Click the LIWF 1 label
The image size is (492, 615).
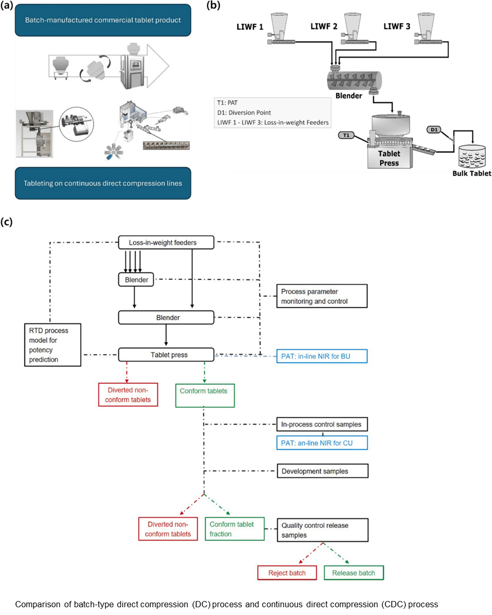(250, 27)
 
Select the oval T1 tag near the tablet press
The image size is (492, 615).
(346, 136)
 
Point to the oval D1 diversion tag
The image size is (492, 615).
(434, 129)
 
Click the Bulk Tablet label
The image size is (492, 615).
(472, 173)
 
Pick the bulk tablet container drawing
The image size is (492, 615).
(472, 156)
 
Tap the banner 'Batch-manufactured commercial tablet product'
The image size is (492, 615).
(103, 20)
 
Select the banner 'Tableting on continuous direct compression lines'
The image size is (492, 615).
(103, 183)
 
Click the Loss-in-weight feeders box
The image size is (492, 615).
(167, 243)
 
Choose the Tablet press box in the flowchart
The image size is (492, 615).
(167, 354)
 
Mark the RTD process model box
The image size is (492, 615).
(53, 345)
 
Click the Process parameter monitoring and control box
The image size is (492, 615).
(322, 296)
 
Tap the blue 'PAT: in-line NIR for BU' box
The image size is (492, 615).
(322, 356)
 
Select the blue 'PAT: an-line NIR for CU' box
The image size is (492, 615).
(322, 443)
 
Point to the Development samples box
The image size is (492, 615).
(322, 471)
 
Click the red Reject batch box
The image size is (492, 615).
(287, 573)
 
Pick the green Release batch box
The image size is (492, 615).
(354, 573)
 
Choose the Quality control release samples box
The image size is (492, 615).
(322, 530)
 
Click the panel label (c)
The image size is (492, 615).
(6, 221)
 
